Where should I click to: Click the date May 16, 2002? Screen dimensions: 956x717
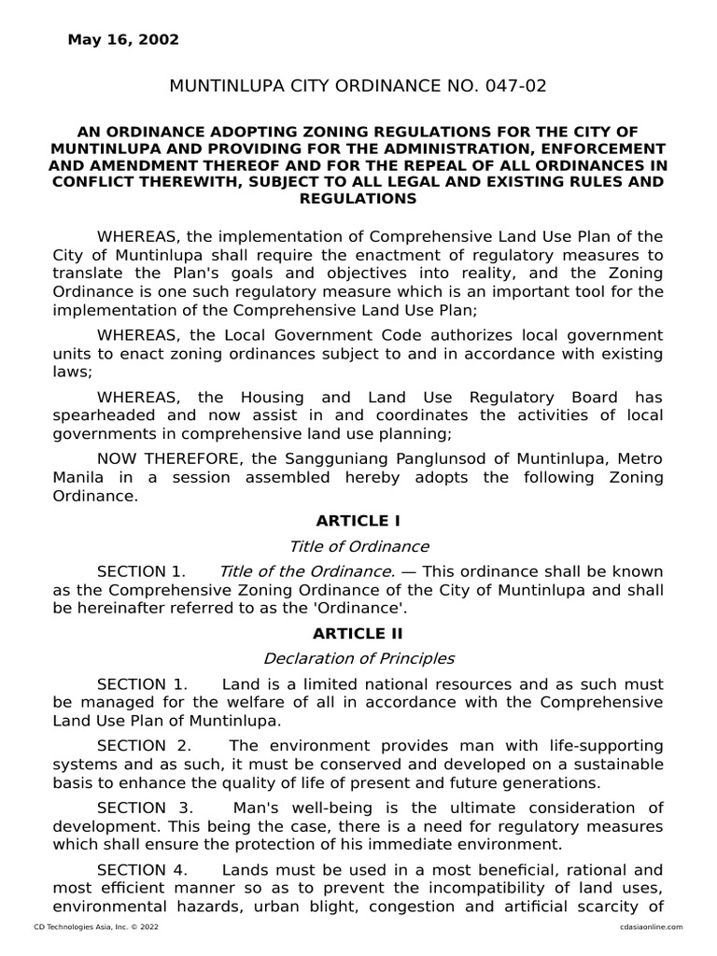[x=123, y=40]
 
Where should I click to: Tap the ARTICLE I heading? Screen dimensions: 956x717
[x=358, y=521]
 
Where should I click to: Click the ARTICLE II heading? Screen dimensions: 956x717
[x=358, y=634]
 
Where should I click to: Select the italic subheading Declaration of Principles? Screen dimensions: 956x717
[x=358, y=659]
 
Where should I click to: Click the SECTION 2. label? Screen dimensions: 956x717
[x=145, y=746]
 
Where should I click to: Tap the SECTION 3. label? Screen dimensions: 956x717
[x=145, y=808]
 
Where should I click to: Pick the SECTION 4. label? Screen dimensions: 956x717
[x=145, y=870]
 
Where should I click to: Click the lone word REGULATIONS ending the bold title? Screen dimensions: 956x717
[x=358, y=199]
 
